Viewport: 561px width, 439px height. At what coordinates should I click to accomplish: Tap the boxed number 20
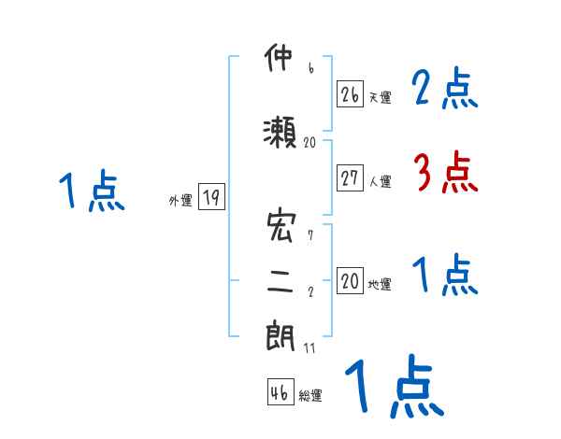click(351, 281)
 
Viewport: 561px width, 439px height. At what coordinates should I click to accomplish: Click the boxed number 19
click(211, 197)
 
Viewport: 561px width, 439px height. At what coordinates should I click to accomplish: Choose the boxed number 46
click(279, 392)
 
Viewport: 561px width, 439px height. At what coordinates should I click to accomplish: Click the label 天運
click(380, 97)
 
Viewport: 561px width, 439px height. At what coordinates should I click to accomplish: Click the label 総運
click(310, 396)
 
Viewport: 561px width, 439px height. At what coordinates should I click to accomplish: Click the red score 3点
click(445, 172)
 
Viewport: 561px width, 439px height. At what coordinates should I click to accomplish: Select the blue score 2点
click(445, 90)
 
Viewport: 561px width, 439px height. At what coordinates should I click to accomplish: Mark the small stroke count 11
click(311, 348)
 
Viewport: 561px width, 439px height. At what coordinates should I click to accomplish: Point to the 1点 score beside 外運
click(91, 192)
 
